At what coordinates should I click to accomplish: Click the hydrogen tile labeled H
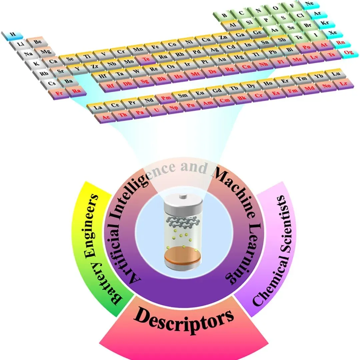coord(13,34)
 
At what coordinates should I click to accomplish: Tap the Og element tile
coord(349,53)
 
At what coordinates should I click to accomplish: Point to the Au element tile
coord(221,60)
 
